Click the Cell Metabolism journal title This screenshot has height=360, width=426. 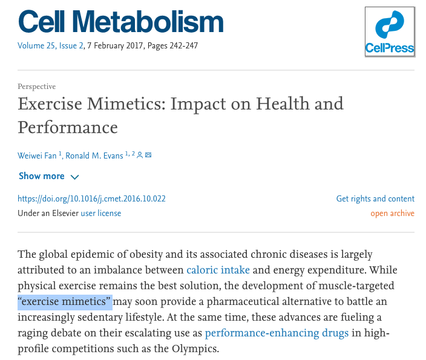click(120, 22)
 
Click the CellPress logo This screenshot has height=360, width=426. click(389, 31)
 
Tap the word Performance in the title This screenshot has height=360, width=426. click(68, 128)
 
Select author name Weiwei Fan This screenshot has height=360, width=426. click(37, 155)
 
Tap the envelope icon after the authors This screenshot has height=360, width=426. click(148, 155)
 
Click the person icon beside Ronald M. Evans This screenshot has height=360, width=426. click(140, 155)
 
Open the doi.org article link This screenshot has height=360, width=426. click(91, 198)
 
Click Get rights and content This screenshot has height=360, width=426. click(375, 198)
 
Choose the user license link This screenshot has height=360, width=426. click(101, 213)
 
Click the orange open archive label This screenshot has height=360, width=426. click(392, 213)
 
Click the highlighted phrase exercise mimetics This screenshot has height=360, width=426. click(65, 301)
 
